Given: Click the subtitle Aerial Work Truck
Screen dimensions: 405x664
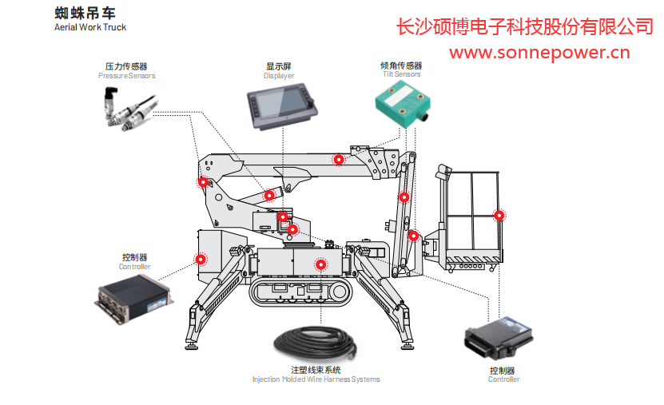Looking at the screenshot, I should [90, 27].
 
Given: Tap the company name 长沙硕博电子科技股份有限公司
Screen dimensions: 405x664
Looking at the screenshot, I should [524, 27].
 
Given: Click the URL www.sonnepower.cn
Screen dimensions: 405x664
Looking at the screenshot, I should [539, 54].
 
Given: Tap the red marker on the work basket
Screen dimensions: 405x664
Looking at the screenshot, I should [499, 215].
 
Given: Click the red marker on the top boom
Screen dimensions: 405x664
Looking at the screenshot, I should [339, 159].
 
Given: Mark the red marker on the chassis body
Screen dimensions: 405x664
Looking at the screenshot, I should [320, 264].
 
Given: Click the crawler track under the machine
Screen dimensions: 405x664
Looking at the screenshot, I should [300, 292].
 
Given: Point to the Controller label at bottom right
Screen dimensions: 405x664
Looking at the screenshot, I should [503, 375].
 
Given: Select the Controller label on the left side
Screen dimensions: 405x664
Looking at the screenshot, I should [135, 262].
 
